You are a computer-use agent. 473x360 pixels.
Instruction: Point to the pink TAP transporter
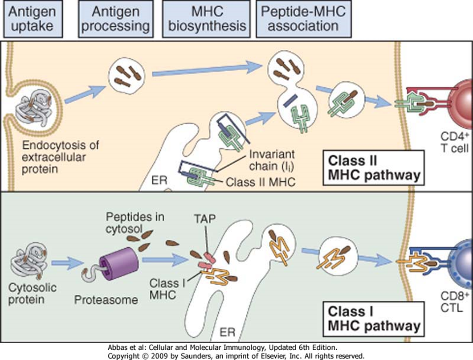206,262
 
